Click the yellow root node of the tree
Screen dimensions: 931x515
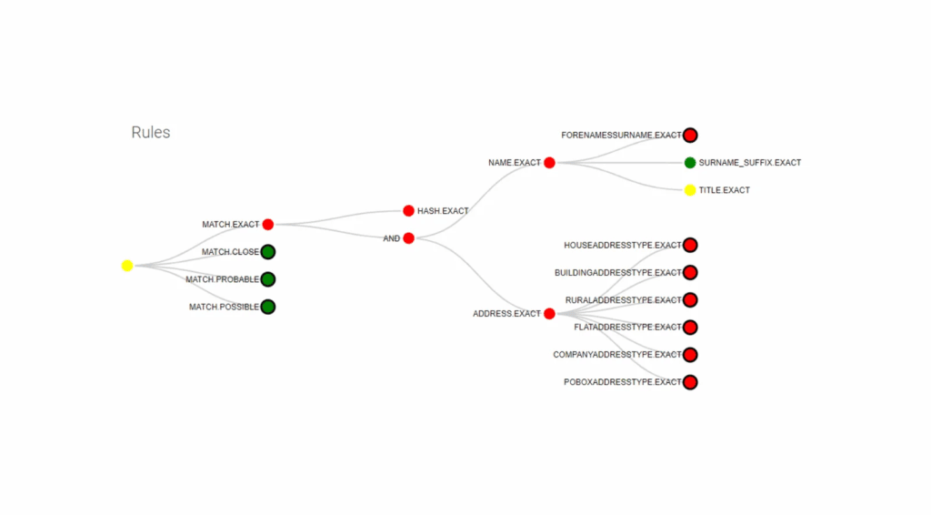[127, 266]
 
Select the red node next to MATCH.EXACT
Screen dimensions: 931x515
[268, 225]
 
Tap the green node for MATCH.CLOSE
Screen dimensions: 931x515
[268, 252]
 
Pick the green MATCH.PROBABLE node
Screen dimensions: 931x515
[268, 279]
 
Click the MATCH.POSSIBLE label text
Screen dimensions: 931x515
[224, 308]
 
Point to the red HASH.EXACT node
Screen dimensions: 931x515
[408, 211]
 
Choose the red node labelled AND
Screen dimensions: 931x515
[408, 238]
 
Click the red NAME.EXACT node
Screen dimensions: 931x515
[549, 163]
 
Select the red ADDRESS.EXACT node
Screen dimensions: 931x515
[549, 314]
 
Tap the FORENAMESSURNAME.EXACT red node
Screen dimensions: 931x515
[690, 136]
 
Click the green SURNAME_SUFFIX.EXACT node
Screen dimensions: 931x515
[690, 163]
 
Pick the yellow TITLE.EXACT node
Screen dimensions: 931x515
[690, 190]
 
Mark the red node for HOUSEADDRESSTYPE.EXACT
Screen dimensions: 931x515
[690, 246]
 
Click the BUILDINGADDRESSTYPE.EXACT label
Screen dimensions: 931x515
[618, 273]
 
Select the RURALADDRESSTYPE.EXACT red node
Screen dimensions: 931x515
[690, 300]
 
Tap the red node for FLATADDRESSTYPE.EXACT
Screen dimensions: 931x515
[690, 328]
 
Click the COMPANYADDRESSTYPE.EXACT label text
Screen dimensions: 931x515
[617, 355]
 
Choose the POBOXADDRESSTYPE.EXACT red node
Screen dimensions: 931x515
[690, 382]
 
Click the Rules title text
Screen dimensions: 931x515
[151, 133]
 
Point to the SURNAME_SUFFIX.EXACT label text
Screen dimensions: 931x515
[750, 163]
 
